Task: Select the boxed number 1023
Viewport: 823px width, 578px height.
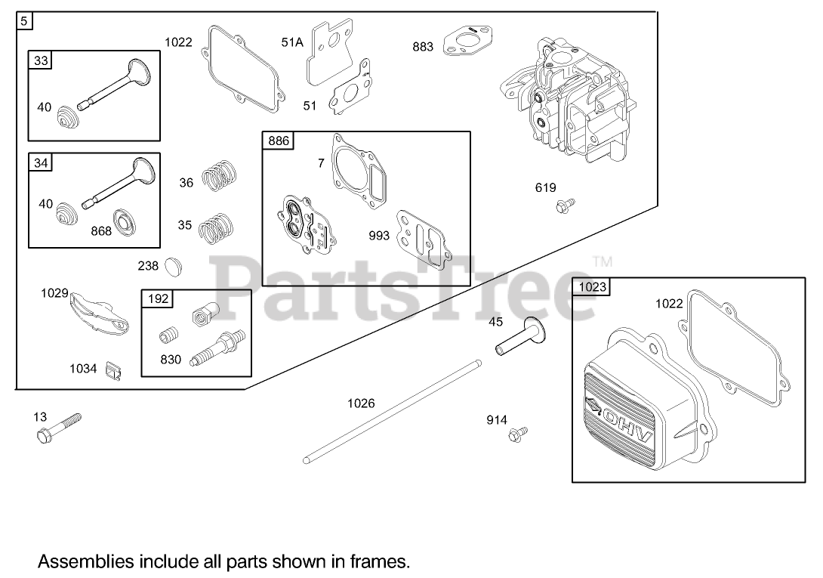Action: [593, 286]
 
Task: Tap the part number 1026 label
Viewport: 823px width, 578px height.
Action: [361, 403]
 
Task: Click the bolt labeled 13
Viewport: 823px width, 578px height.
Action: [57, 428]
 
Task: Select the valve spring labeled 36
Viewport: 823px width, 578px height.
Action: [220, 179]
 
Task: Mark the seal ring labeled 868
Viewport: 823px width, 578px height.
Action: [122, 221]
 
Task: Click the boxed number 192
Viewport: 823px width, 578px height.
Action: [158, 298]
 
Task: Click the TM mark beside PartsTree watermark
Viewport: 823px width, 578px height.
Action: [602, 262]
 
